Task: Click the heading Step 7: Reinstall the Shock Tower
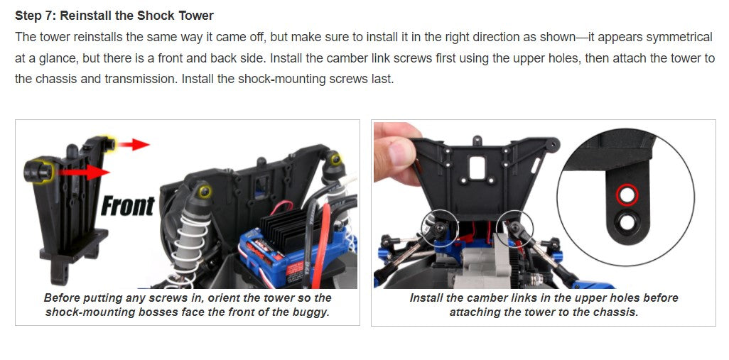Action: [x=114, y=16]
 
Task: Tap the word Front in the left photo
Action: [x=127, y=206]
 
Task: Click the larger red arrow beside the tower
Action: [x=84, y=173]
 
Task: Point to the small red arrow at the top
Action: [x=134, y=145]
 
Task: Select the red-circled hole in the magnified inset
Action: [x=627, y=195]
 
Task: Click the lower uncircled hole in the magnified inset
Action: [x=627, y=222]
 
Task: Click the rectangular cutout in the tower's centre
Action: [x=477, y=168]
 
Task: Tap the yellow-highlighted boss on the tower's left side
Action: [x=39, y=171]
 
